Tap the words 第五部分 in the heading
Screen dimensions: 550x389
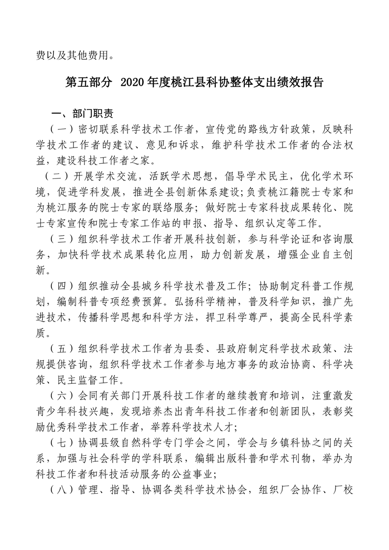click(x=88, y=82)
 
